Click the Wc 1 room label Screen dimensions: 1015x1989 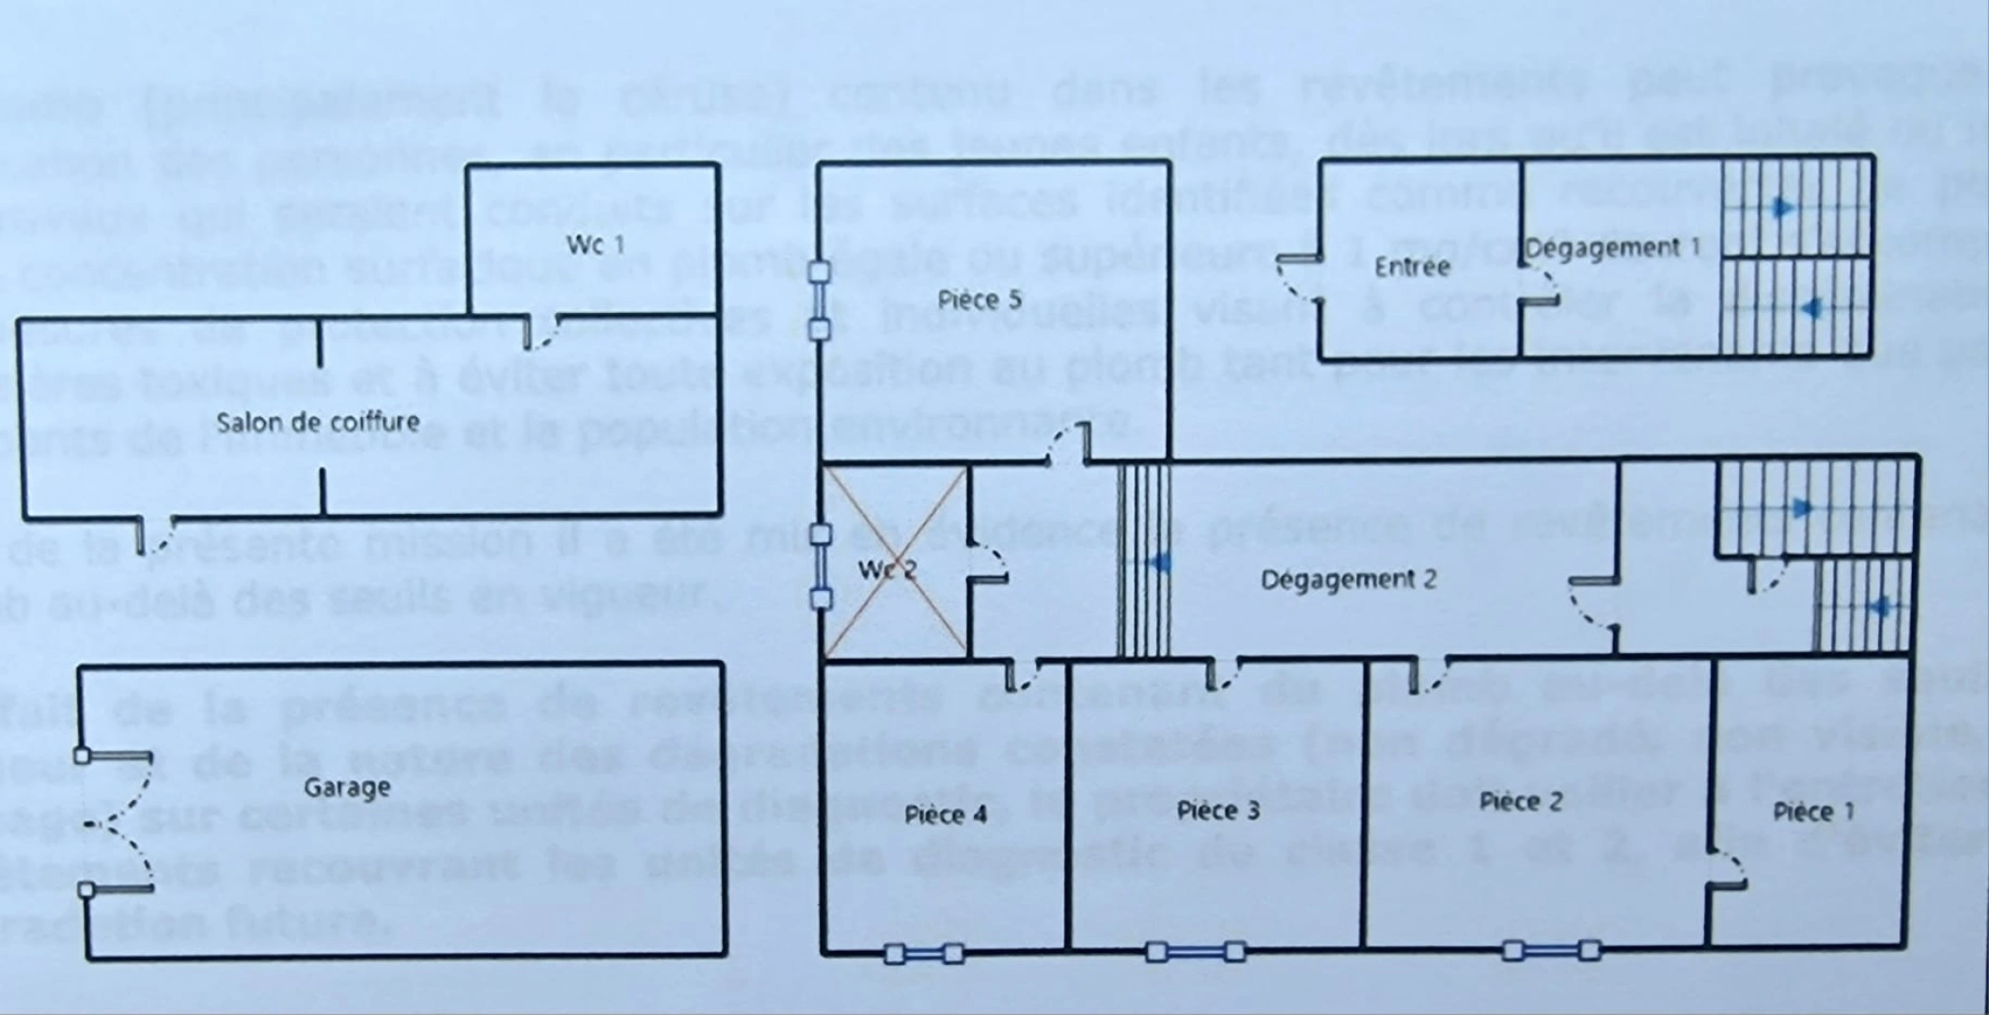click(x=595, y=245)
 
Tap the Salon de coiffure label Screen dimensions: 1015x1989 click(x=318, y=422)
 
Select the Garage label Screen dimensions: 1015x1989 click(x=347, y=788)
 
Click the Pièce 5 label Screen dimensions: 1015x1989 click(x=979, y=300)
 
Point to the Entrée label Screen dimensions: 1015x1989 click(x=1411, y=267)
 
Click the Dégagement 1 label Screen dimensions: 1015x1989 click(x=1612, y=248)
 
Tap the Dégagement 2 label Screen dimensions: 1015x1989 click(x=1348, y=580)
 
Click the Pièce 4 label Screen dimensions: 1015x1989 click(x=946, y=814)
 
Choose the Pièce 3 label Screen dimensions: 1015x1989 click(x=1218, y=810)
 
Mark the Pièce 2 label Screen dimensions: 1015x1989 click(x=1520, y=802)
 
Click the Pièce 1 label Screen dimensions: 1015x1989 click(x=1813, y=812)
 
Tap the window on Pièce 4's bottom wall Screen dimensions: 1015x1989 click(x=924, y=954)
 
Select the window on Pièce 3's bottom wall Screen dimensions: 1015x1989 click(x=1195, y=952)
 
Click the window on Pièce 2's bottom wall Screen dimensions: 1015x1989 click(x=1550, y=950)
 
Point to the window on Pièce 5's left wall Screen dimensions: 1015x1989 click(x=820, y=301)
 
